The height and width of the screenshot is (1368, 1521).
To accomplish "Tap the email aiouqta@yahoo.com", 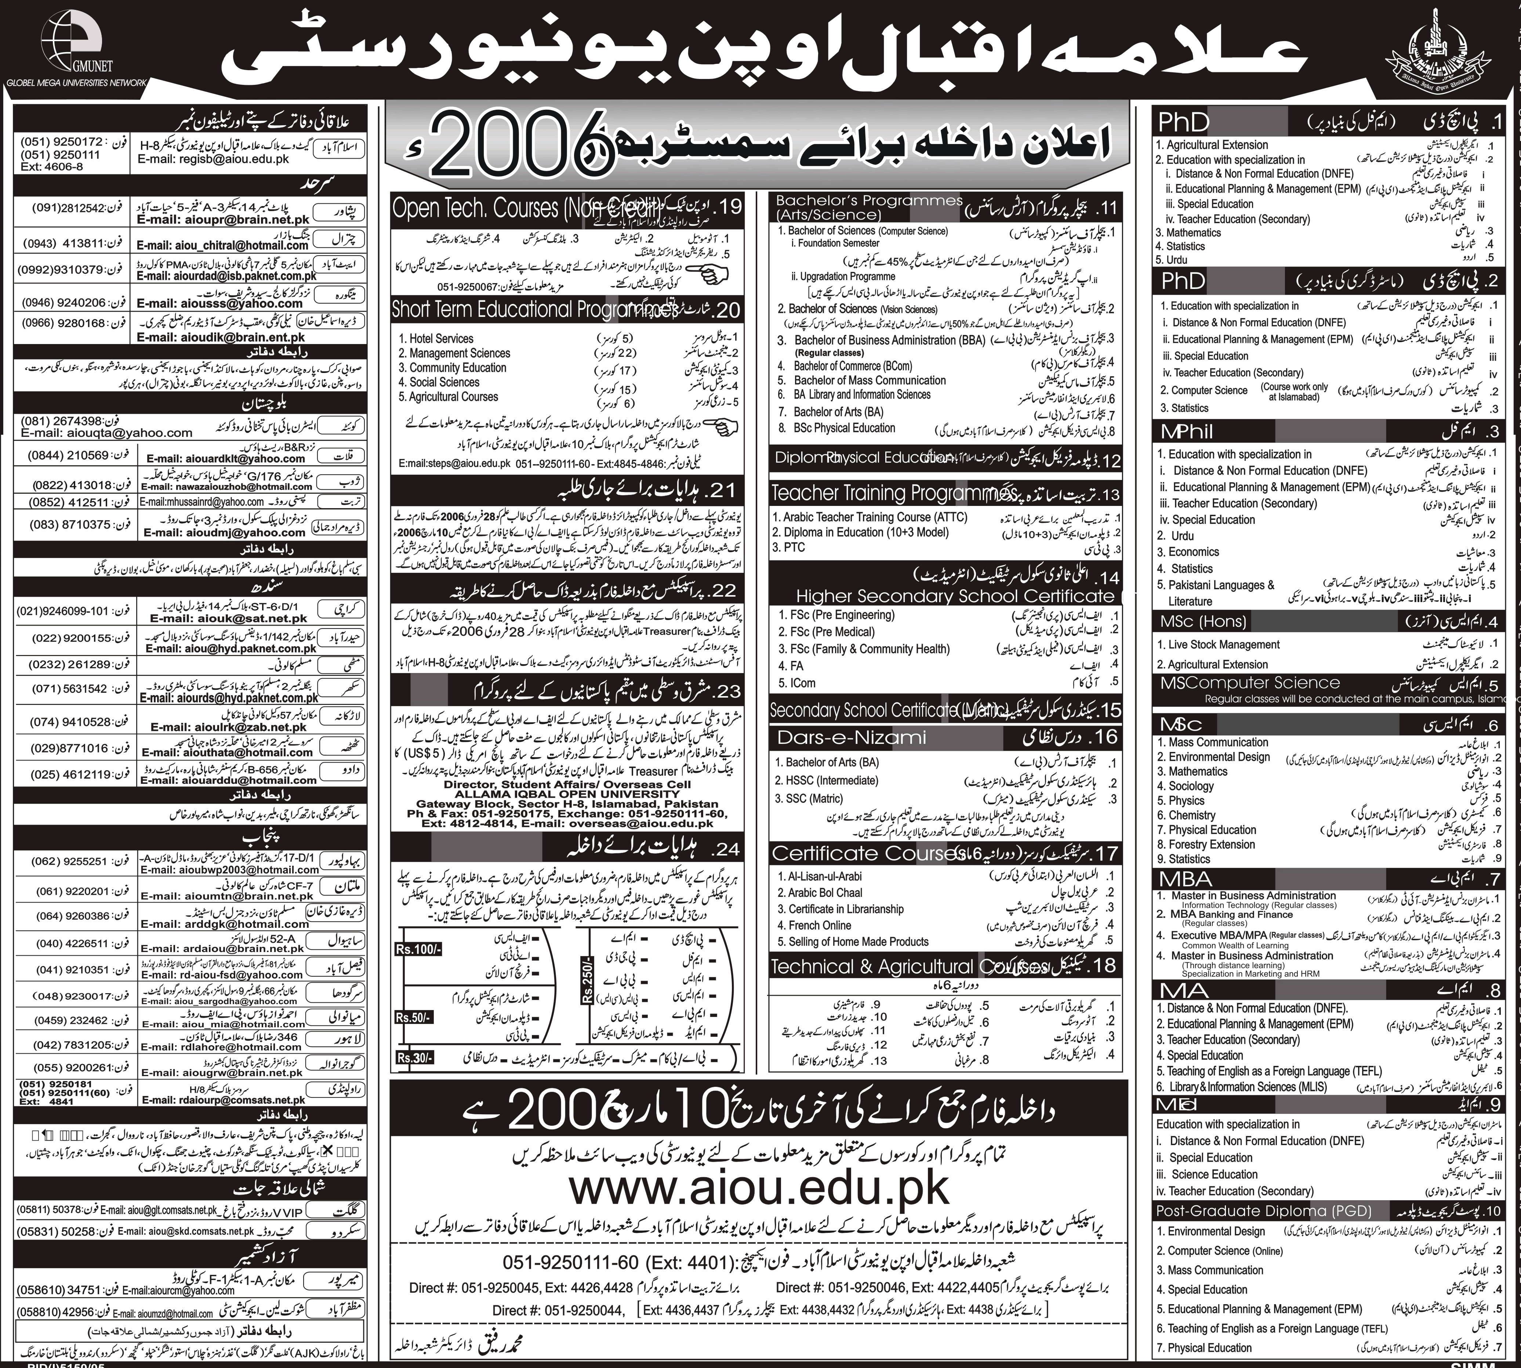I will coord(107,433).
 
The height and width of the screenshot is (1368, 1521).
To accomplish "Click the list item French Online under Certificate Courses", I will coord(820,925).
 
